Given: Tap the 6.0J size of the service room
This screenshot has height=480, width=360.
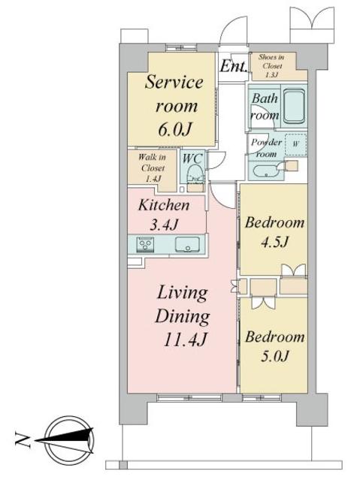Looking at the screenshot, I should (174, 128).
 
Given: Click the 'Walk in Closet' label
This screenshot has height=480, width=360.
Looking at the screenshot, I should (153, 168).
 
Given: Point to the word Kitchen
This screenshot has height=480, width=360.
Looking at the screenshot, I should (162, 204).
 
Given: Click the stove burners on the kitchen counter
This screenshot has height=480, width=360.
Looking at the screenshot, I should (146, 243).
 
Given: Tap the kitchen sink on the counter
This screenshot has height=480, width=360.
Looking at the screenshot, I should (186, 244).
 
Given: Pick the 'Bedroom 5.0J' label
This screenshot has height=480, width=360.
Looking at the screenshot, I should (274, 346).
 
